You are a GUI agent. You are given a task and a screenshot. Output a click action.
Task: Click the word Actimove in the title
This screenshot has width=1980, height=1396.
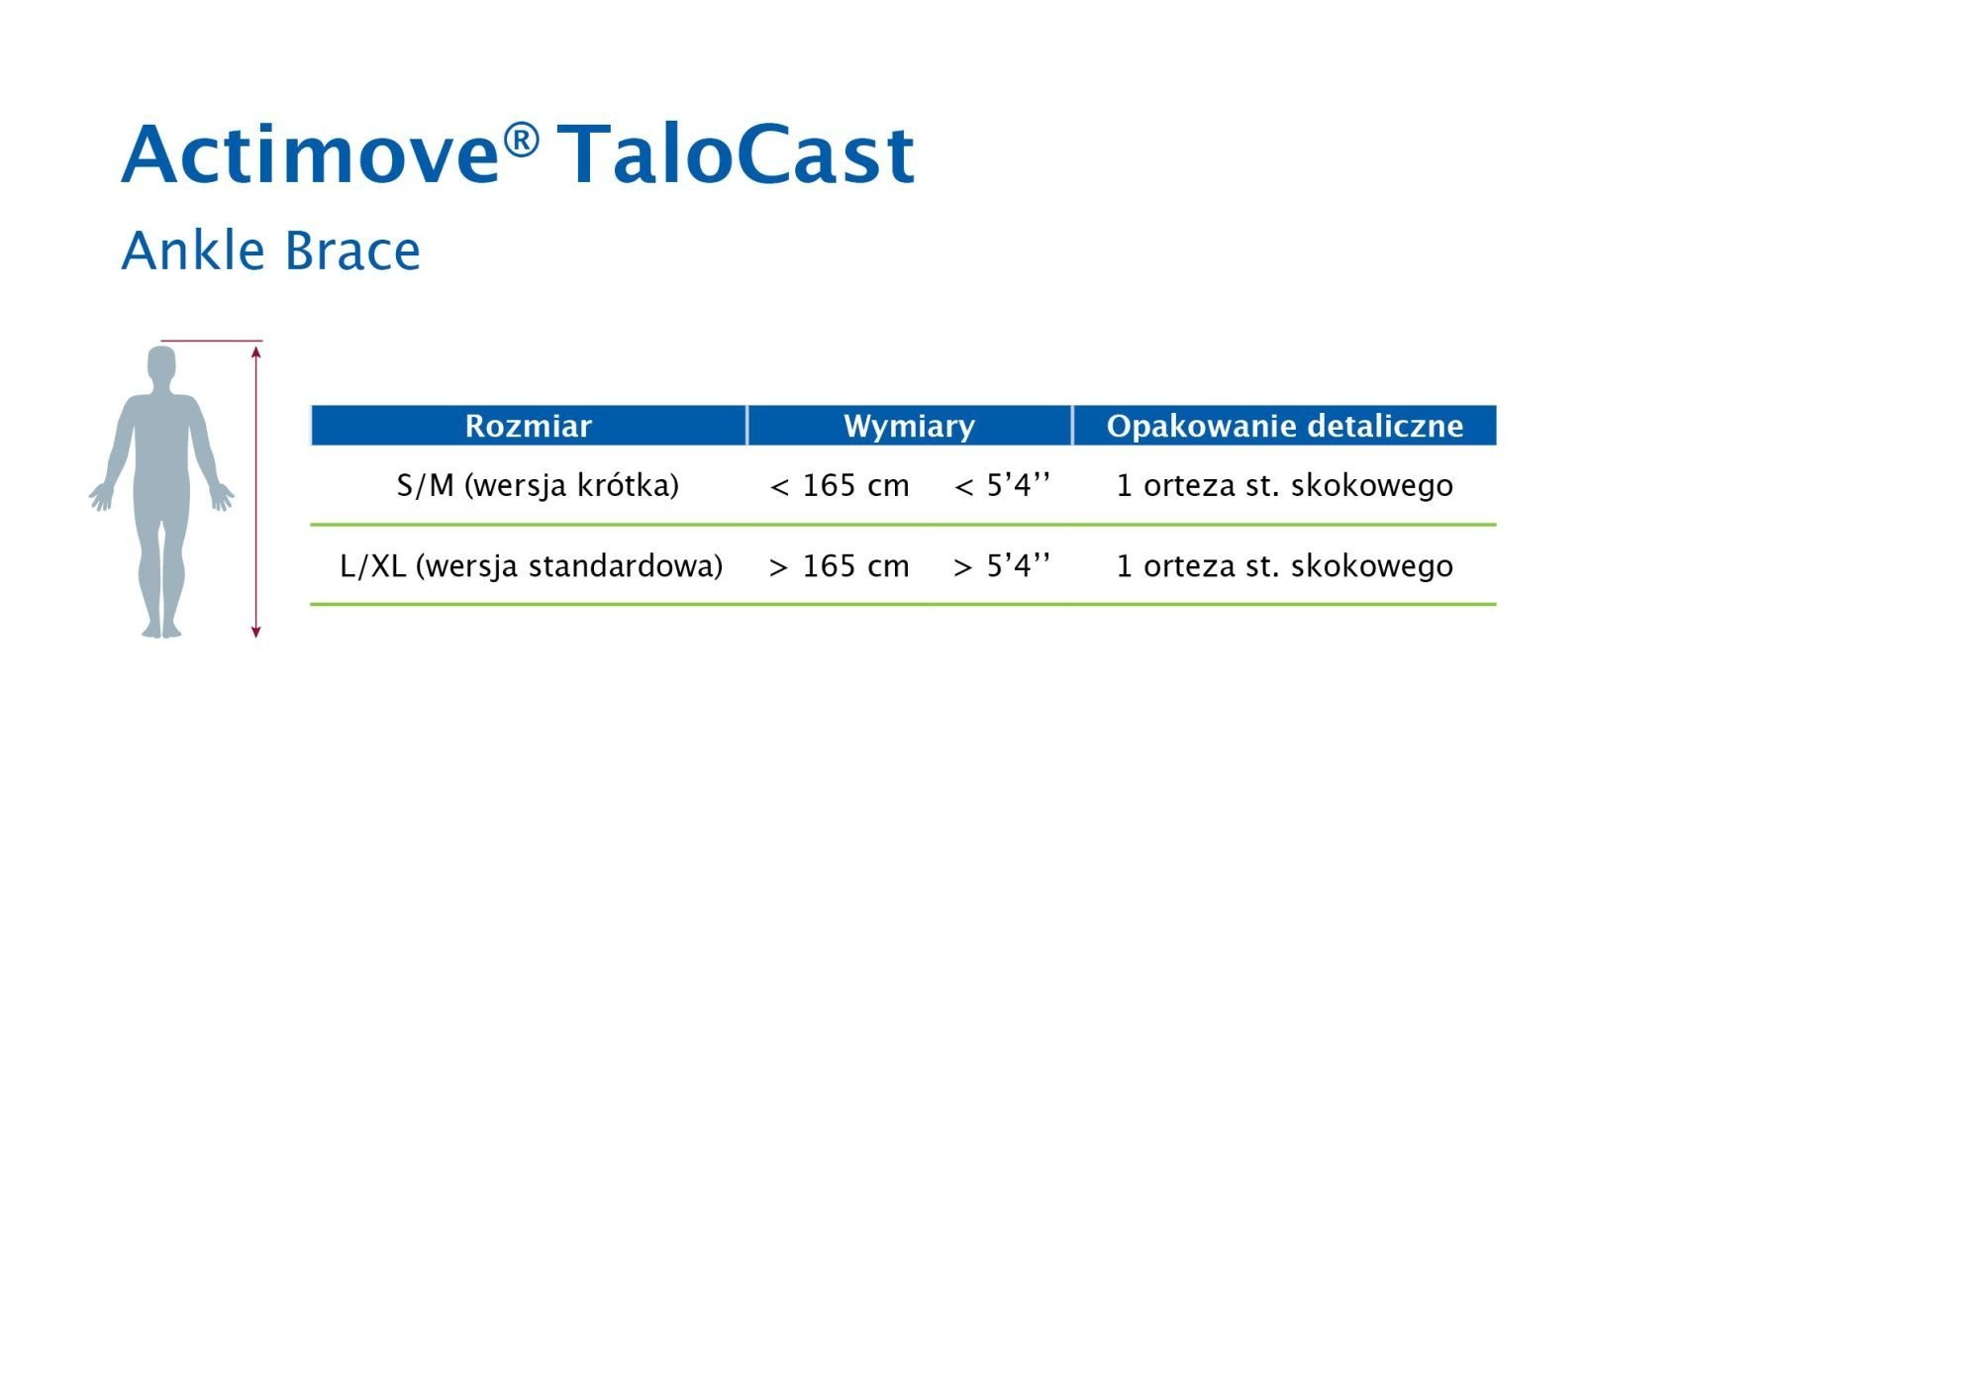(310, 154)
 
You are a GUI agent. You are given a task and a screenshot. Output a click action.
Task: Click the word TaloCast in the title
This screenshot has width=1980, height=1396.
(736, 154)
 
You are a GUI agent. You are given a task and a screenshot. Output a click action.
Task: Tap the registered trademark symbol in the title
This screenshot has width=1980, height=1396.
(521, 141)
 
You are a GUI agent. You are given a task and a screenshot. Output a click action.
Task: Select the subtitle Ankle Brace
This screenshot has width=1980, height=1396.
(270, 250)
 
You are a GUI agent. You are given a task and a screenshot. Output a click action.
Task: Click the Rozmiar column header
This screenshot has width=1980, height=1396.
(529, 426)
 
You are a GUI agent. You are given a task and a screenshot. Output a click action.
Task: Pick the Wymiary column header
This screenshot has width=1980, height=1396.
(909, 426)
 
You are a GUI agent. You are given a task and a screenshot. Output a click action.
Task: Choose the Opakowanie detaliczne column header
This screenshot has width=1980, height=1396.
(1285, 426)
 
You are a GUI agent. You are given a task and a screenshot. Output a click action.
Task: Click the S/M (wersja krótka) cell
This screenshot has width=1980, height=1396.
(538, 485)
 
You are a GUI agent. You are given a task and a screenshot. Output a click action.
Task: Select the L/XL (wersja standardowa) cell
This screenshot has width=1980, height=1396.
(531, 566)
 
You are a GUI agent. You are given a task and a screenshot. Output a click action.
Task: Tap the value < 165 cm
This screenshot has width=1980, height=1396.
(840, 485)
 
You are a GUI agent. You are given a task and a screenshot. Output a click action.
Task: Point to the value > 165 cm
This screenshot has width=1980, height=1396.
(840, 566)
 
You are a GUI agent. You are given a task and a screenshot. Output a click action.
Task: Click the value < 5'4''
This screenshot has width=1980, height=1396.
(1002, 485)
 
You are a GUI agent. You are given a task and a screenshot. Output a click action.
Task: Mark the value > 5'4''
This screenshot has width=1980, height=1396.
(1002, 566)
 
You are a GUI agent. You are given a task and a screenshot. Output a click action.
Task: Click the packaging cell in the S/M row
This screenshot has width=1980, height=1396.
(1285, 485)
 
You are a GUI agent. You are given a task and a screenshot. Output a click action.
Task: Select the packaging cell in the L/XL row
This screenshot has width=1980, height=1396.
(1285, 566)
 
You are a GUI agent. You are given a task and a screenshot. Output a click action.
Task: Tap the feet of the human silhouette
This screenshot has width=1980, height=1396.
(162, 630)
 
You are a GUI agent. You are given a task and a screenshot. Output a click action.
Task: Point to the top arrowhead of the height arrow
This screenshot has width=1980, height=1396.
(255, 351)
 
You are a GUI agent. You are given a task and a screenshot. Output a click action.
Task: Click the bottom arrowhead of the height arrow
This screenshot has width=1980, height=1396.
(255, 632)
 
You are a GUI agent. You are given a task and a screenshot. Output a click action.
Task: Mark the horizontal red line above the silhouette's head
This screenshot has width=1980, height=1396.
(212, 341)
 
